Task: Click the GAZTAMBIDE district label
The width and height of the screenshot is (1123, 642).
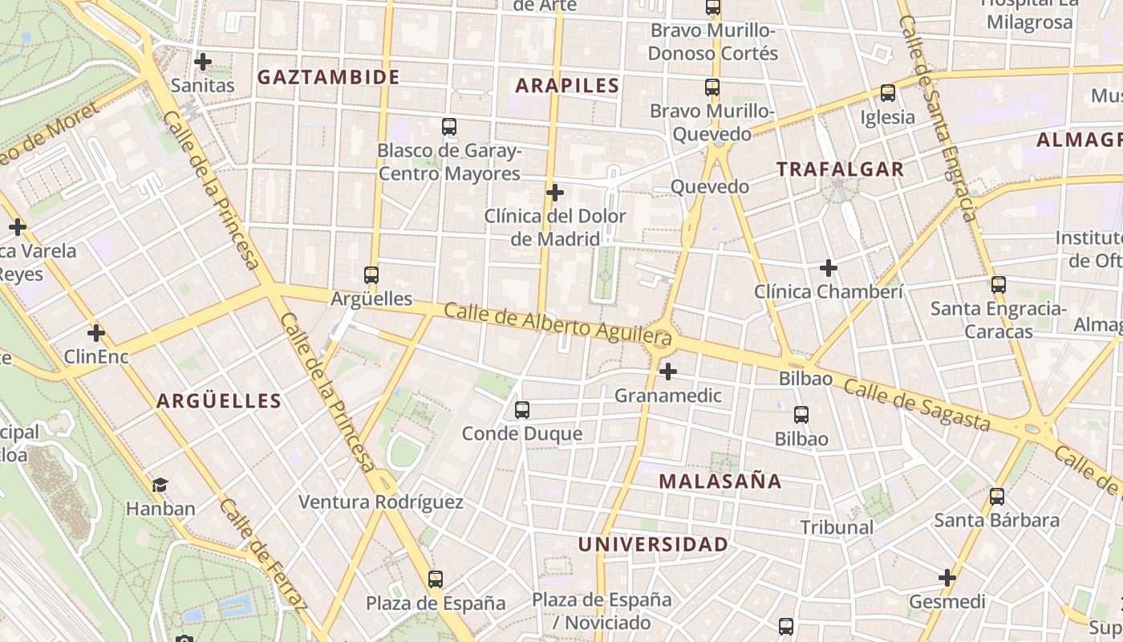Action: pos(328,77)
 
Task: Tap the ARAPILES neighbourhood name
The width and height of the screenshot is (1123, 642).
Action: pos(567,86)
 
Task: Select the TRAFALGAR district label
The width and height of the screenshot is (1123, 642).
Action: pos(840,169)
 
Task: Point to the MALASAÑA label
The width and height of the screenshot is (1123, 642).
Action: pos(720,481)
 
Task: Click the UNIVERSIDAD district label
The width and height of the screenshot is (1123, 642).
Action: pos(653,544)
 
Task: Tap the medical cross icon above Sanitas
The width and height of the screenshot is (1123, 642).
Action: pos(203,61)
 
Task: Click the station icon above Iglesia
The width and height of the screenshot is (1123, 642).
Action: pos(887,93)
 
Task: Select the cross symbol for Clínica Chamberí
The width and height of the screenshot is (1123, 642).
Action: pos(829,267)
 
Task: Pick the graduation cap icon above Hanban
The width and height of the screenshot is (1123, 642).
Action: pos(160,485)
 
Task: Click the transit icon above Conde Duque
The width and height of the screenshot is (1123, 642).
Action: pos(522,410)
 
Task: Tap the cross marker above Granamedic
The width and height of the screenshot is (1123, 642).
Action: pos(667,372)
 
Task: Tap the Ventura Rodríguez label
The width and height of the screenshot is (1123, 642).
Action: pos(381,502)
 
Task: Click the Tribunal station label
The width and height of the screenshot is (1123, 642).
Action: pos(837,527)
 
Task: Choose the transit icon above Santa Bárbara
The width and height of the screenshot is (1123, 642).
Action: pos(996,497)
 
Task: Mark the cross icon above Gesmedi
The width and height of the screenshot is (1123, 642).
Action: pos(947,578)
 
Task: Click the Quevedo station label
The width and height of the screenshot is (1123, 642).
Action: pos(709,187)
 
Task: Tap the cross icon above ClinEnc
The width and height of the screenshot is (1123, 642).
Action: pos(96,332)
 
